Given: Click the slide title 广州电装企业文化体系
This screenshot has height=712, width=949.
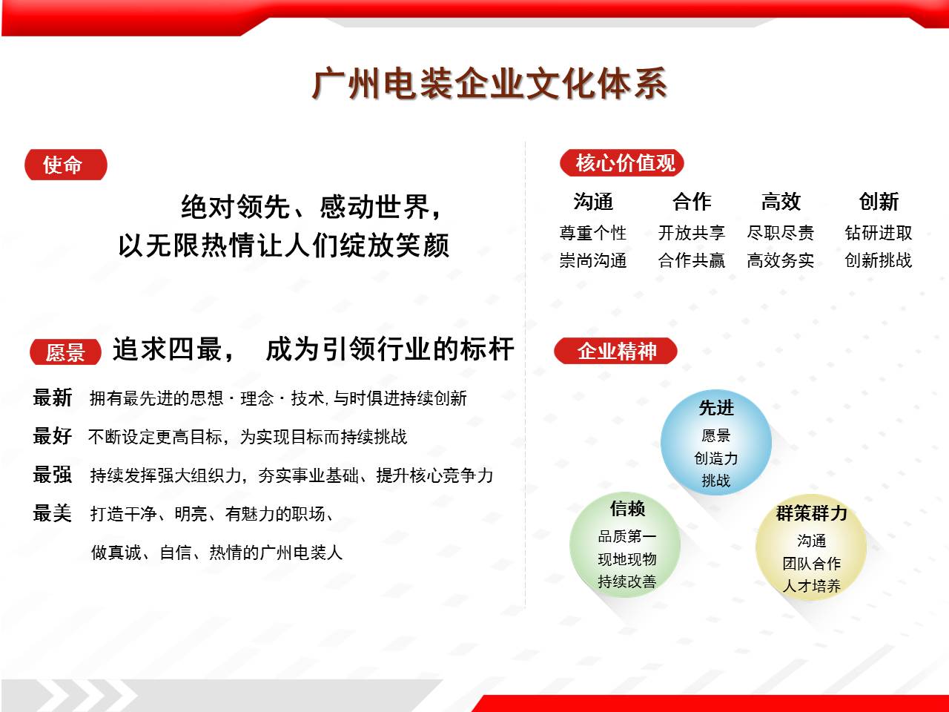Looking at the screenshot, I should click(x=489, y=84).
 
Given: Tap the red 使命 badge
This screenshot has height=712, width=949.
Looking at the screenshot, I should click(x=65, y=165).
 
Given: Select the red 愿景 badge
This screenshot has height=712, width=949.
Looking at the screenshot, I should click(x=65, y=352).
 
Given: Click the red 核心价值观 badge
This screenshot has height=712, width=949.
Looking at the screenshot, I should click(x=621, y=163).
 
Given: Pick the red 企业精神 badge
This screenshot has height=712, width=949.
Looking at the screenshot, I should click(x=615, y=351).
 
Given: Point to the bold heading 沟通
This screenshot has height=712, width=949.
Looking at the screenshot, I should click(x=593, y=202).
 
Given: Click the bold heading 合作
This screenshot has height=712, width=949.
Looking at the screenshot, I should click(x=692, y=202).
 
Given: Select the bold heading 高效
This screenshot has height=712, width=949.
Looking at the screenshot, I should click(x=781, y=202).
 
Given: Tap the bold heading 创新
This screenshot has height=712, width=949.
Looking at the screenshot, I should click(x=879, y=202).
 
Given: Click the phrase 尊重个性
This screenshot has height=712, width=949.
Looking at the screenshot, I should click(x=593, y=233).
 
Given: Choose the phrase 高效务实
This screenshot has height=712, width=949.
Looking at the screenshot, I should click(x=781, y=260).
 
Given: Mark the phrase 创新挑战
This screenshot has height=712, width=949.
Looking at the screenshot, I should click(x=879, y=260).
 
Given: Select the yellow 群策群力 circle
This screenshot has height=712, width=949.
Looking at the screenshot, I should click(x=811, y=549).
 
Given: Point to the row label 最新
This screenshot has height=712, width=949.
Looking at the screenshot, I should click(x=53, y=398).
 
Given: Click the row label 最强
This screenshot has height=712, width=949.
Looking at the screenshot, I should click(x=53, y=475).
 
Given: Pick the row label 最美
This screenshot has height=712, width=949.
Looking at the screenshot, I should click(x=53, y=513).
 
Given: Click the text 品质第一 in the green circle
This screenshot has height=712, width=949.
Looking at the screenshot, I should click(x=627, y=536).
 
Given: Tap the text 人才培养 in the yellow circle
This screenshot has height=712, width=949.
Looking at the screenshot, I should click(x=812, y=586).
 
